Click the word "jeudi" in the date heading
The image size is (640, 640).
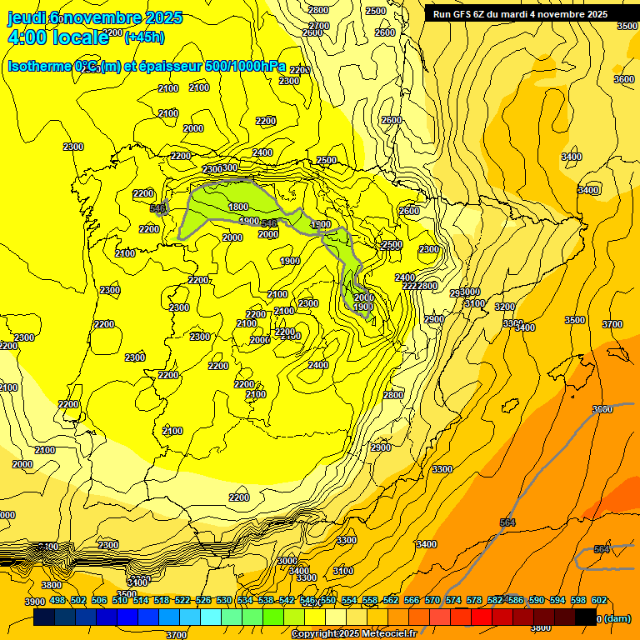click(x=27, y=17)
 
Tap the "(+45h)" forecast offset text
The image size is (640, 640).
click(x=144, y=37)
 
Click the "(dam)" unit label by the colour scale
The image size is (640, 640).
click(x=616, y=618)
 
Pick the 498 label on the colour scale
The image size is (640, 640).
click(x=57, y=600)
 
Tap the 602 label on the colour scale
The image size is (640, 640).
click(x=599, y=600)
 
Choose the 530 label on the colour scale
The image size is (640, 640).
click(x=224, y=600)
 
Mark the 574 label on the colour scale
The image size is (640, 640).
click(x=453, y=600)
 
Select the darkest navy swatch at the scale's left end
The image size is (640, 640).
click(x=44, y=617)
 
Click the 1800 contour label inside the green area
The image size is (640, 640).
click(x=238, y=207)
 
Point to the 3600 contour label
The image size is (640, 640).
click(x=623, y=79)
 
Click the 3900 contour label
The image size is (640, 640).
click(x=34, y=602)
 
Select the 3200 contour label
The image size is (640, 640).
click(x=505, y=307)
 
